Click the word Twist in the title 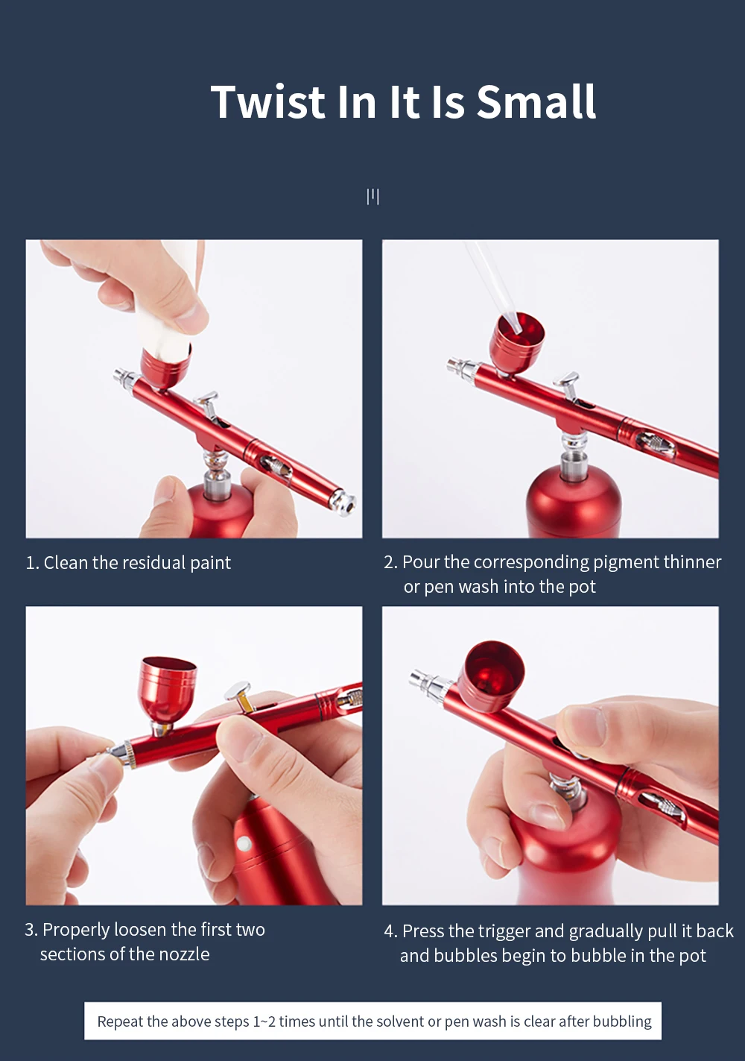[268, 101]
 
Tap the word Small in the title [536, 101]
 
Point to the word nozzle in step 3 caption [184, 954]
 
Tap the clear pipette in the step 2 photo [492, 284]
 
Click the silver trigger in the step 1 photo [209, 404]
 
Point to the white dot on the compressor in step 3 [244, 843]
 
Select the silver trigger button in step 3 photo [239, 696]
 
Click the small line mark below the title [373, 197]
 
